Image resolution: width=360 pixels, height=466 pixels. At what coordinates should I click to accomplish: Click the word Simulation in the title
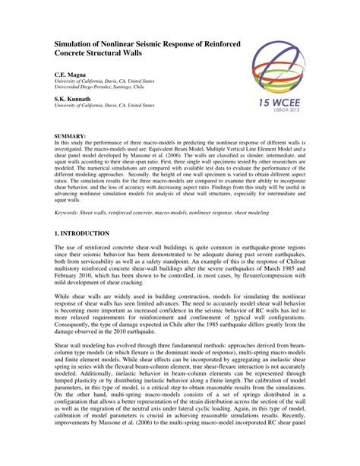click(74, 46)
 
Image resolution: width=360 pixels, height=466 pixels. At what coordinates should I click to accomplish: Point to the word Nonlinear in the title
click(124, 46)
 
